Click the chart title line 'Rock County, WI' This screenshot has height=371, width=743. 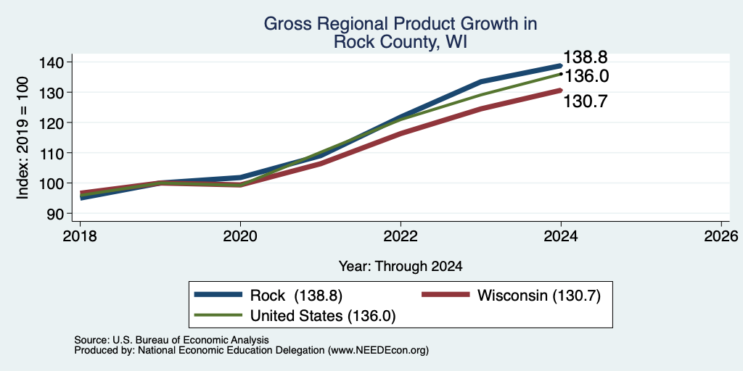401,41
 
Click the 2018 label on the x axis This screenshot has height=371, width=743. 80,235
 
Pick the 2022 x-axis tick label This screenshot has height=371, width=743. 401,235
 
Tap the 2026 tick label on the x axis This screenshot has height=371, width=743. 722,235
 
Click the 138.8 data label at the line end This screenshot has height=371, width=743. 586,57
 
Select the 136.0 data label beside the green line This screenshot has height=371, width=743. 586,76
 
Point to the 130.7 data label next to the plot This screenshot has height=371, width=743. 586,101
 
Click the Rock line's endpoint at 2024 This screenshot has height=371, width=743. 561,66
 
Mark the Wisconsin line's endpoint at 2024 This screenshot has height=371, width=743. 561,90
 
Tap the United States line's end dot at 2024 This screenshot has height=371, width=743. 561,74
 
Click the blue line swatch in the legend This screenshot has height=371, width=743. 218,295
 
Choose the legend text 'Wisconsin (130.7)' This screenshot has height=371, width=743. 539,296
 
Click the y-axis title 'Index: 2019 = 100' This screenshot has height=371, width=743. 22,138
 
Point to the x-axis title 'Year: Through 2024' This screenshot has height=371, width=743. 401,267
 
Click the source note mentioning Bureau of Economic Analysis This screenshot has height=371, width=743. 171,340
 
